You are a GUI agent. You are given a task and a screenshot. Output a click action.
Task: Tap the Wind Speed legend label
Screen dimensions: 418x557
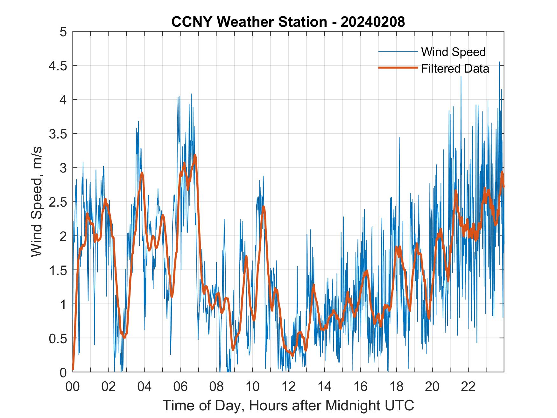tap(453, 52)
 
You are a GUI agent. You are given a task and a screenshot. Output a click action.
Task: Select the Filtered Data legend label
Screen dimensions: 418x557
tap(455, 68)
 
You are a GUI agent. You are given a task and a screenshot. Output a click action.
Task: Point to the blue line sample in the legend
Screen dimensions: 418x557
tap(398, 52)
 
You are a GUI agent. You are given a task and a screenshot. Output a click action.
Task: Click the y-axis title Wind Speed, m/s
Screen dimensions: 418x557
tap(37, 202)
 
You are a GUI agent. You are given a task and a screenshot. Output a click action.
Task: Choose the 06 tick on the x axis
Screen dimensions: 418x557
tap(180, 386)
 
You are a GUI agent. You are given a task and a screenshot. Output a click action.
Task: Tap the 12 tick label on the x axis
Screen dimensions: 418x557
tap(288, 386)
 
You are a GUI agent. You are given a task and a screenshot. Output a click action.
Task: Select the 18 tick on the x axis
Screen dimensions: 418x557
tap(396, 386)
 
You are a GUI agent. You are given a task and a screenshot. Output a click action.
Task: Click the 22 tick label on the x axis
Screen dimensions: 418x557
tap(468, 386)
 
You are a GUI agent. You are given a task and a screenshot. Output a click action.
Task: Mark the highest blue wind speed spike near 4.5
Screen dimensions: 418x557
tap(499, 62)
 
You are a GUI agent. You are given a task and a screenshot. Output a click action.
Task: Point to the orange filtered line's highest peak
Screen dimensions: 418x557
tap(195, 155)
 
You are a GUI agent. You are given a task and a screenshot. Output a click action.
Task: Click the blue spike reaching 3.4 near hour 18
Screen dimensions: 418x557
tap(399, 138)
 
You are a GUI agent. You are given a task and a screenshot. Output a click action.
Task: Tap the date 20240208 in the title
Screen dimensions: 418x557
tap(373, 22)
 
